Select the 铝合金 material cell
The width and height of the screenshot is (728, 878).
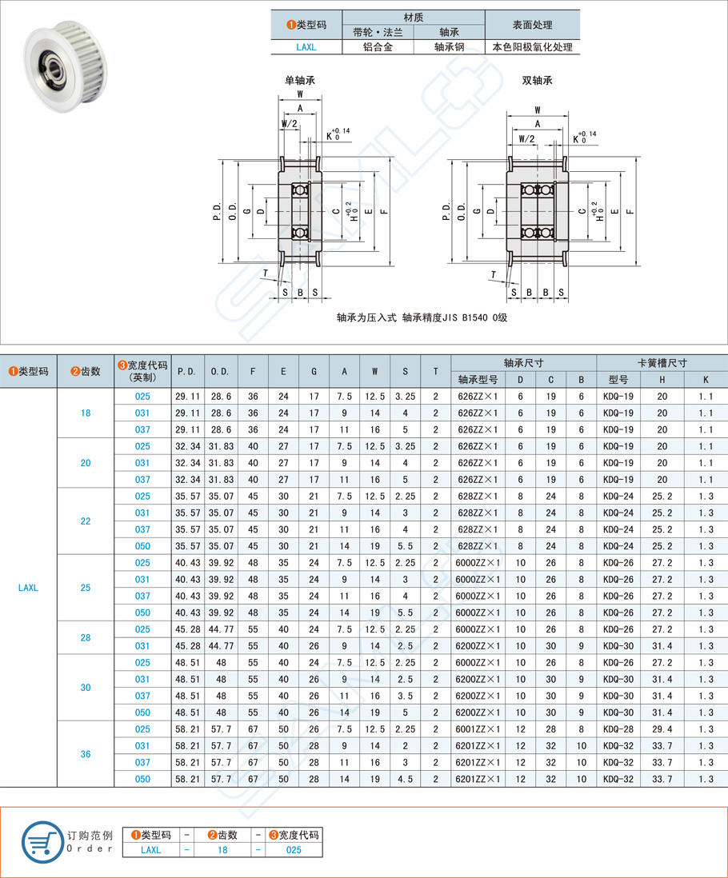coord(378,47)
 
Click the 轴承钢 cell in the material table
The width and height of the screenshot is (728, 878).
coord(450,47)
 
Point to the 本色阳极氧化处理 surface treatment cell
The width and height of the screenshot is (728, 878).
coord(532,47)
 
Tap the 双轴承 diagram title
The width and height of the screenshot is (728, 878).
coord(538,80)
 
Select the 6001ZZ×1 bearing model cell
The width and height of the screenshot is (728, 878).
coord(476,729)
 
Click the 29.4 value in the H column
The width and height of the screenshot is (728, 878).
coord(662,729)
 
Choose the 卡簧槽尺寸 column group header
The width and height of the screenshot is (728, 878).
coord(662,362)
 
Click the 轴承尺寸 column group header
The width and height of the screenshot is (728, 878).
coord(523,362)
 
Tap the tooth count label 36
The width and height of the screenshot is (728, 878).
coord(86,754)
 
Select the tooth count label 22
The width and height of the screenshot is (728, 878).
coord(86,521)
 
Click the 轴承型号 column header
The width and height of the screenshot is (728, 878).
coord(477,379)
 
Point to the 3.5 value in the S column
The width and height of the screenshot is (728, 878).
coord(405,696)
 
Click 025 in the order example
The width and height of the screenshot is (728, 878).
coord(294,850)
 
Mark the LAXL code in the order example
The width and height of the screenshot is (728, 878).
coord(150,850)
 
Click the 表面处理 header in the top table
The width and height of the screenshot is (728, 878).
coord(532,25)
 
